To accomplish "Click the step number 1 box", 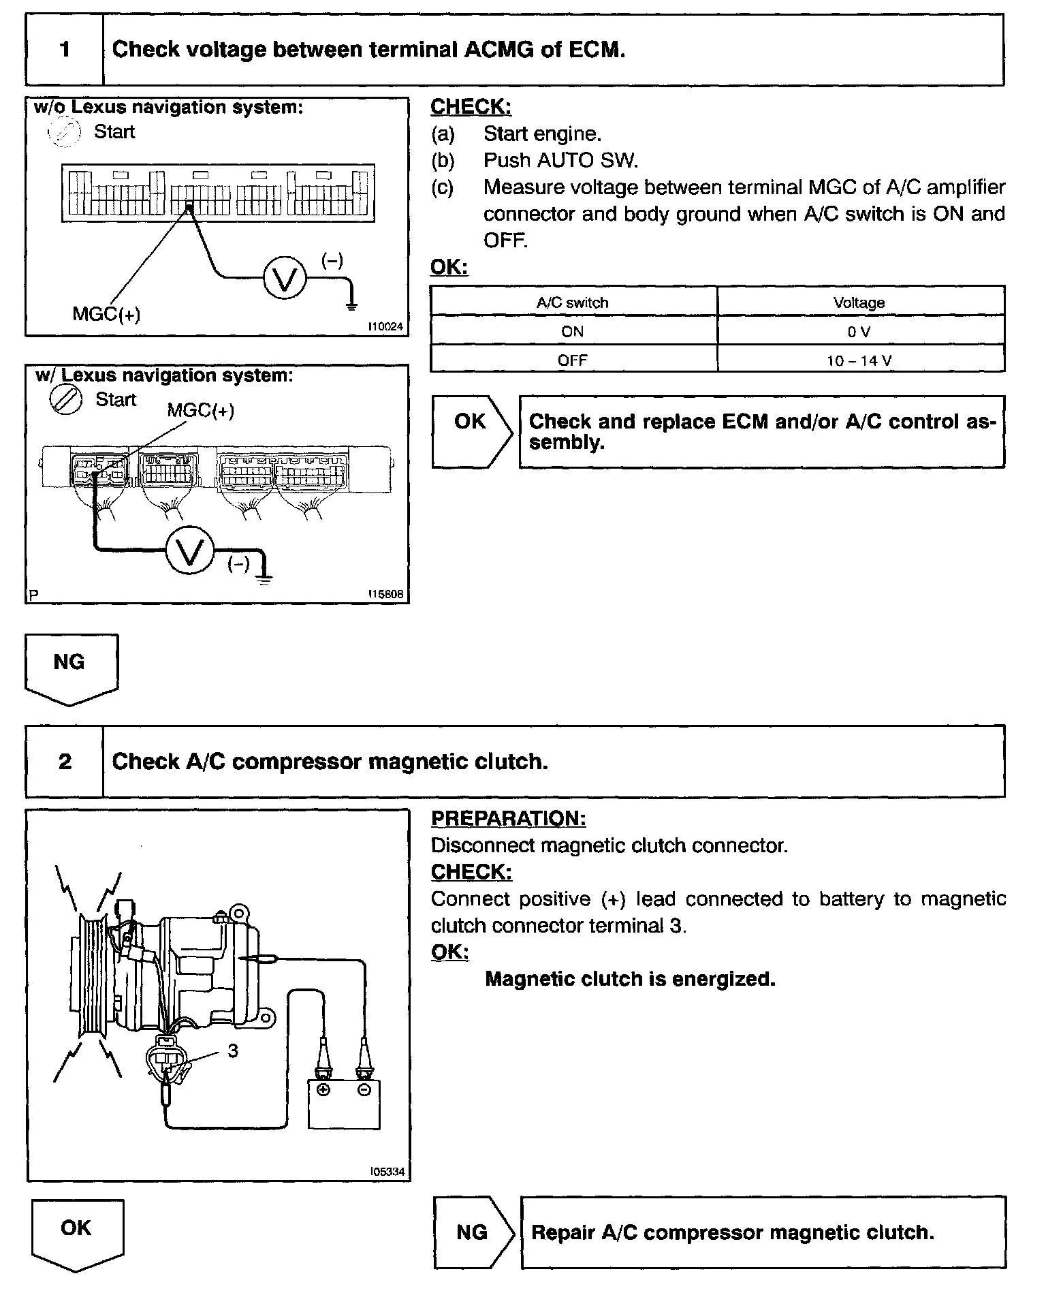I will [x=65, y=50].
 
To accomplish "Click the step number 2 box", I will [x=65, y=761].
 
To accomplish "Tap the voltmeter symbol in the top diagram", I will [x=285, y=278].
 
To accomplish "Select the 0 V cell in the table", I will [x=860, y=332].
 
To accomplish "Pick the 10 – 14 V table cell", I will [x=860, y=360].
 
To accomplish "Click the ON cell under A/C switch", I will [x=572, y=332].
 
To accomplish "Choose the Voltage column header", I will [x=859, y=302].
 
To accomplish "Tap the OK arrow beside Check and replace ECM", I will [x=471, y=429].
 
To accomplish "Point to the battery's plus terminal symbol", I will [x=323, y=1090].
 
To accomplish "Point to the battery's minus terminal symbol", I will [x=364, y=1090].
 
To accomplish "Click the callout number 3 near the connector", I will [x=233, y=1050].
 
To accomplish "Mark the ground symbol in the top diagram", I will [x=351, y=305].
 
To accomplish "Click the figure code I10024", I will [x=385, y=328].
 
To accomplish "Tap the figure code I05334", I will [x=387, y=1172].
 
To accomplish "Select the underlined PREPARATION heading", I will [x=508, y=818].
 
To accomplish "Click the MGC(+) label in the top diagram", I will [x=106, y=314].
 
